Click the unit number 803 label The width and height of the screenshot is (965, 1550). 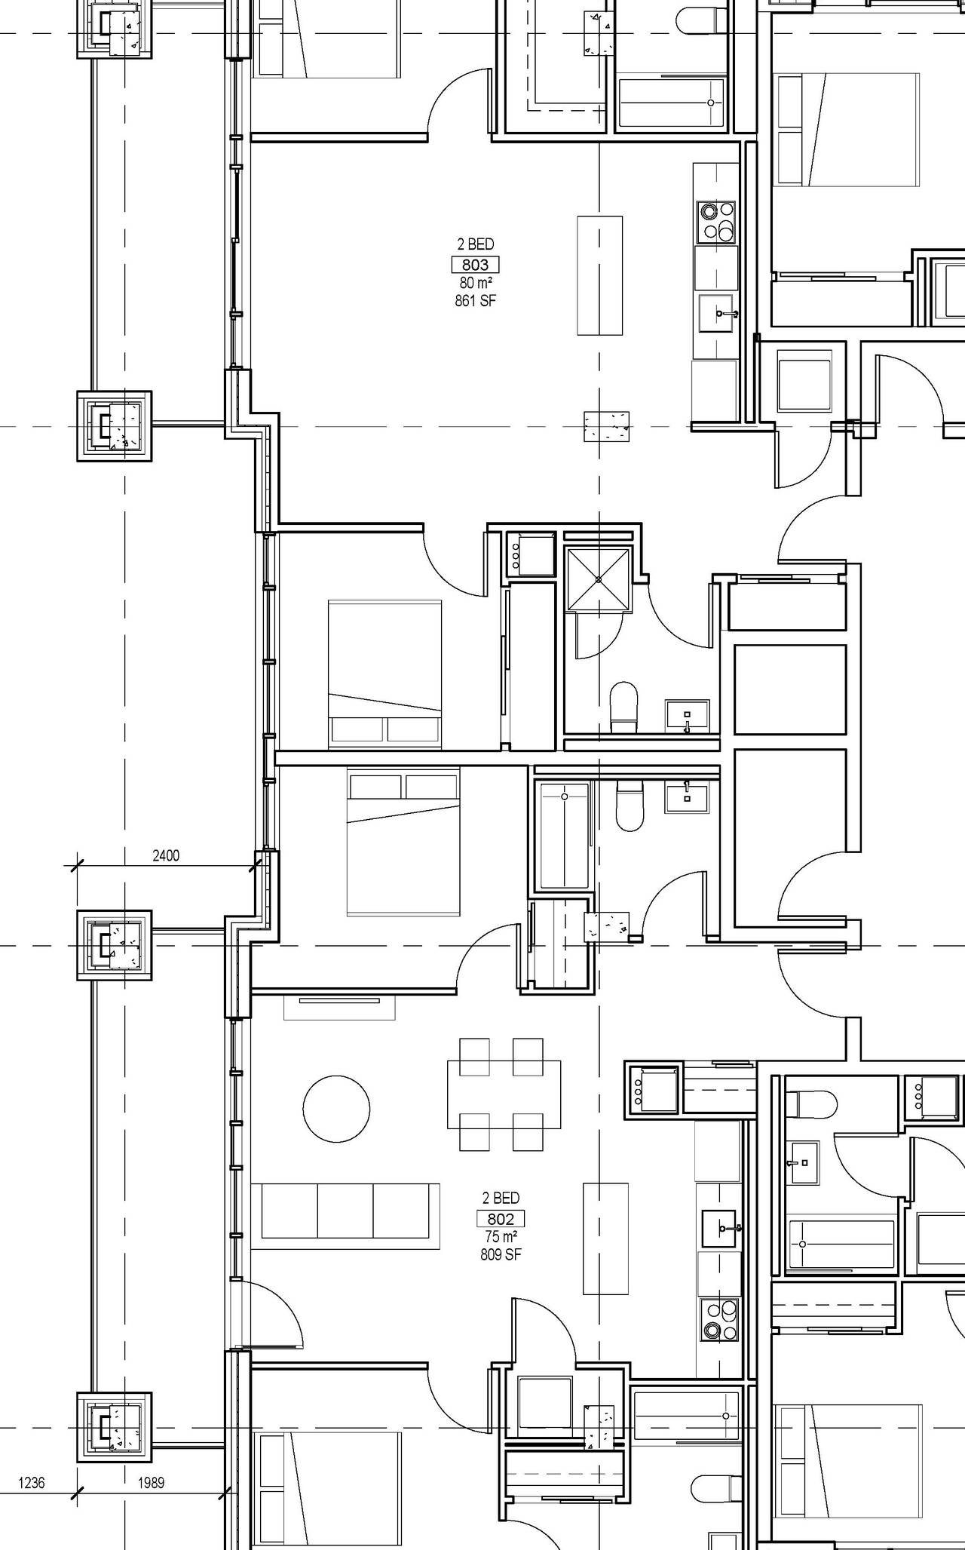[475, 265]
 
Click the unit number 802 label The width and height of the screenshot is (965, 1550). [501, 1219]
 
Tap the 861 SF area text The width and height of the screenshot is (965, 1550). [475, 301]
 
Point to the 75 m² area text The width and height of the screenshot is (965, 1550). [501, 1237]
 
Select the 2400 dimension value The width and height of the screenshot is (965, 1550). [166, 855]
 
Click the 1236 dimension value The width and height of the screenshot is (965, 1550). [31, 1483]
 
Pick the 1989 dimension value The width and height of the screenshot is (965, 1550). [151, 1483]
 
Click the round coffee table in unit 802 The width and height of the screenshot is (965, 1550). [336, 1109]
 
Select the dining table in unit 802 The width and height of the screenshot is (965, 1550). [504, 1094]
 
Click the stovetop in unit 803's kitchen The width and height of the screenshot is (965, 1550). [715, 222]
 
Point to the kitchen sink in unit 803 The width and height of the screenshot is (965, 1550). [716, 313]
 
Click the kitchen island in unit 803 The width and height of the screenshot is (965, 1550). [600, 275]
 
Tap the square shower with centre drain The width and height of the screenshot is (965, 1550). [598, 579]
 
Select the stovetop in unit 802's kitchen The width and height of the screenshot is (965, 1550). [721, 1319]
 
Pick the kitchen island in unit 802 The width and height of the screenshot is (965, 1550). [605, 1238]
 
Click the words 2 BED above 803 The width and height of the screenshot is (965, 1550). [475, 244]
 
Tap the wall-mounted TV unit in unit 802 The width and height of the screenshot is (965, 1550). [339, 1007]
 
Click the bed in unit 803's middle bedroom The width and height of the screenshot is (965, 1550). [384, 674]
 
